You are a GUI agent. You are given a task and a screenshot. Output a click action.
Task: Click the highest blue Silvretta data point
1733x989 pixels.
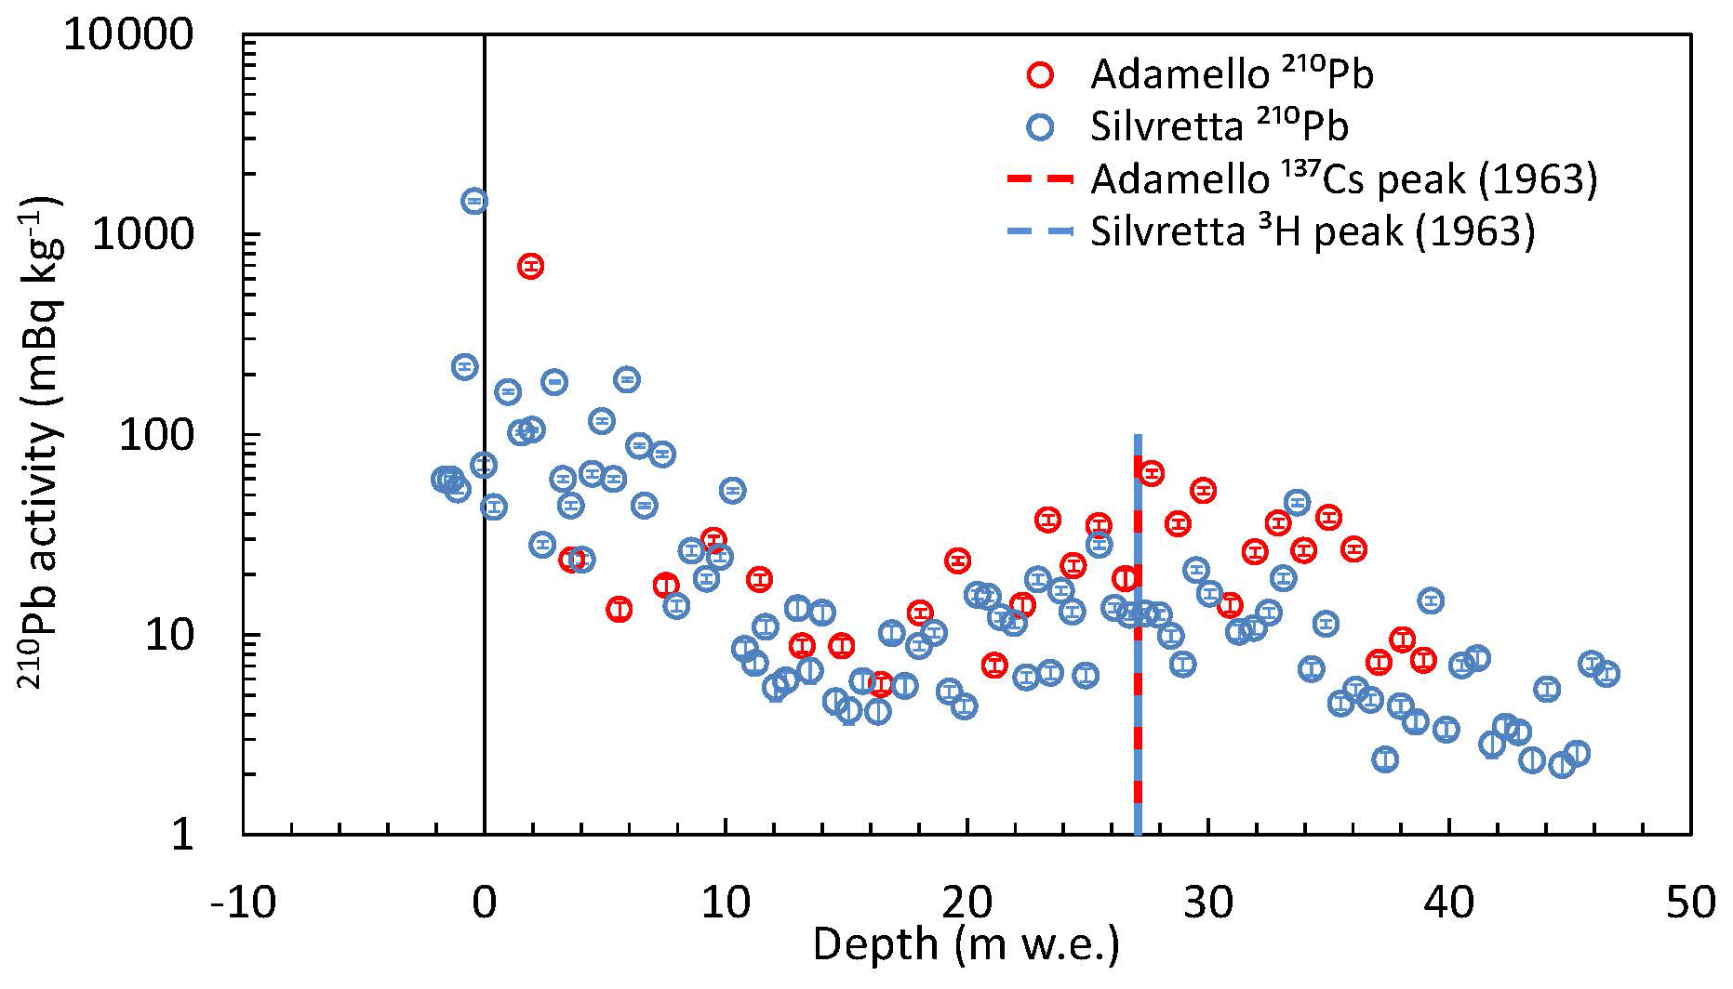pos(474,201)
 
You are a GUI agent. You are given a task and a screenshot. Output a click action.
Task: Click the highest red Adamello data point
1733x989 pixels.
pos(530,267)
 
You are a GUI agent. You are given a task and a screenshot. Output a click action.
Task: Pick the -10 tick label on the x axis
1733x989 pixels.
pos(243,902)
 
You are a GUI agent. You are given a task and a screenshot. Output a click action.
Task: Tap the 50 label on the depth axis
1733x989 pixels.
pos(1690,902)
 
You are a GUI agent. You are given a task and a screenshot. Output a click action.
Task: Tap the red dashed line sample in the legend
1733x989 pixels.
pos(1041,179)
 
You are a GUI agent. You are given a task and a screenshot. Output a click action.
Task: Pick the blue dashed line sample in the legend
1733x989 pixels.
pos(1041,231)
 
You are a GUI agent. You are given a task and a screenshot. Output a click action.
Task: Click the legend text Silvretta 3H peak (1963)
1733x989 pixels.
pos(1313,231)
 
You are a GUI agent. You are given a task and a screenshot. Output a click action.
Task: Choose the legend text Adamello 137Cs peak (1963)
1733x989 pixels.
pos(1344,178)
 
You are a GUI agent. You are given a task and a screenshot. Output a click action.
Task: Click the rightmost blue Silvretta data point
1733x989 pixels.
pos(1606,674)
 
